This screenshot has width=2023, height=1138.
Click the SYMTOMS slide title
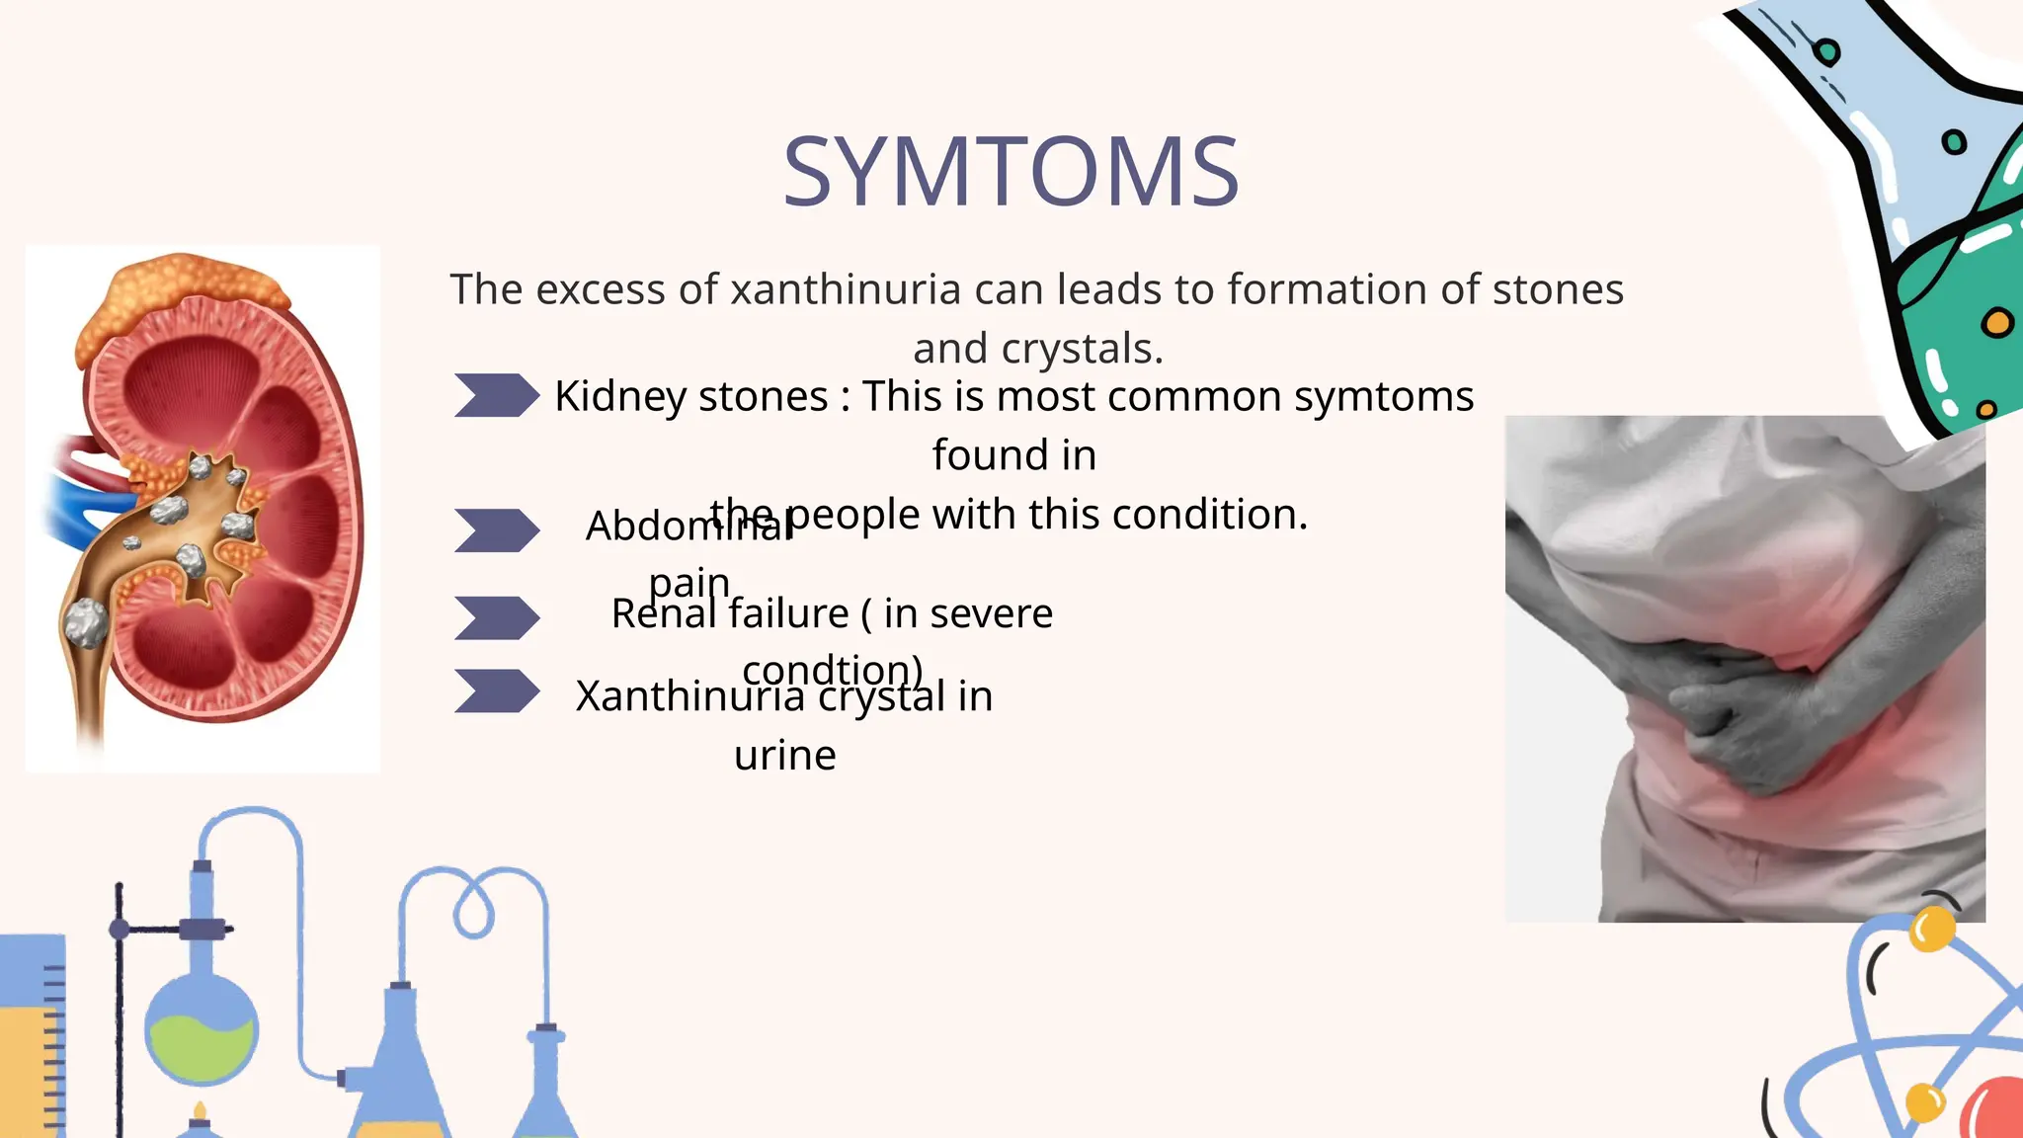[1011, 173]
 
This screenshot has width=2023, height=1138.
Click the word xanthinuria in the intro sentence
[845, 290]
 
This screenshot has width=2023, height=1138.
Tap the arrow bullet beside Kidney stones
[496, 395]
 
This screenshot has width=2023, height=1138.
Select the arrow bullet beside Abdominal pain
[496, 530]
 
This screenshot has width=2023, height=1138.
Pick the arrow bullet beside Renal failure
[496, 618]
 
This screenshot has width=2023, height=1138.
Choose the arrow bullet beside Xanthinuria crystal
[496, 691]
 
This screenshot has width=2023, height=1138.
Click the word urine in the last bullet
[784, 757]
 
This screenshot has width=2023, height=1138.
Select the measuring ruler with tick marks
[40, 1037]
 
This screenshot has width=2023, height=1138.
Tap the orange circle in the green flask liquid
[1996, 323]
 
